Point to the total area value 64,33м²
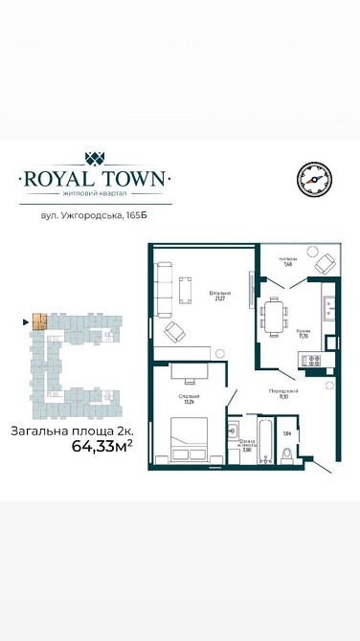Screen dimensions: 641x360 pyautogui.click(x=101, y=445)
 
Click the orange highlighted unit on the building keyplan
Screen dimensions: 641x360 pyautogui.click(x=38, y=322)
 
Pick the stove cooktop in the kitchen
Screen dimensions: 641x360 pyautogui.click(x=311, y=360)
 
